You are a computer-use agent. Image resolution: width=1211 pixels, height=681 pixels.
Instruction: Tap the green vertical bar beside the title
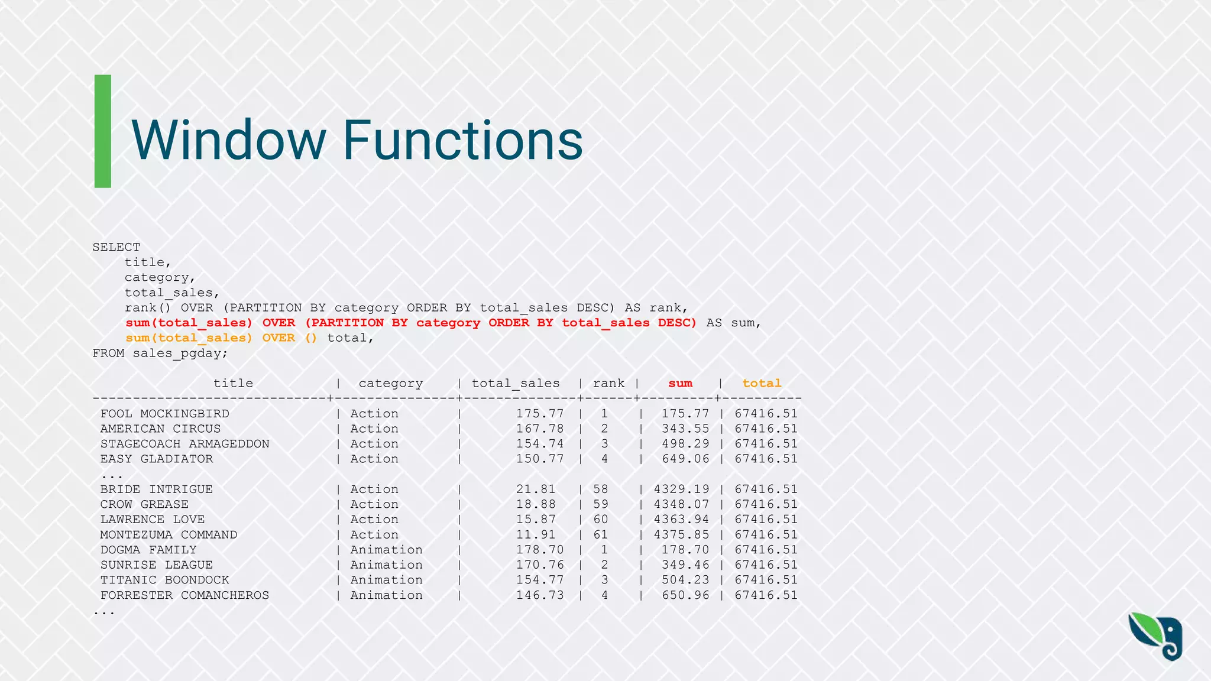click(103, 131)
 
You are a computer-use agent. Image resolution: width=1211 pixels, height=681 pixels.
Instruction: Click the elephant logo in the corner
click(1156, 637)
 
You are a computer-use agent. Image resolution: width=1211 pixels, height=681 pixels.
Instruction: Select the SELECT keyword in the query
click(116, 247)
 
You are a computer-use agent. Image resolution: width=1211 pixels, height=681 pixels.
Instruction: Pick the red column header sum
click(680, 383)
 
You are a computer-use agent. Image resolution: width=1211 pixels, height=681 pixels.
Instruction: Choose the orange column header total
click(762, 383)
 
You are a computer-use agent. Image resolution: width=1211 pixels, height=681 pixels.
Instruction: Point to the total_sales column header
click(516, 383)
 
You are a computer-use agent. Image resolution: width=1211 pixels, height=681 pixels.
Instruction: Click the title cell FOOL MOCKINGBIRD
click(165, 414)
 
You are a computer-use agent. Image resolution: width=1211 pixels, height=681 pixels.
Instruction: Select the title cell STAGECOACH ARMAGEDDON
click(184, 444)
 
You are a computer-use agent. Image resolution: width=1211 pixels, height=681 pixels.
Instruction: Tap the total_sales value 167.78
click(540, 429)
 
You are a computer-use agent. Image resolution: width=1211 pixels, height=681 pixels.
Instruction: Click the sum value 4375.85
click(681, 534)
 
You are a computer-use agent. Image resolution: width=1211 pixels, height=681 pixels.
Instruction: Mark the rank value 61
click(601, 534)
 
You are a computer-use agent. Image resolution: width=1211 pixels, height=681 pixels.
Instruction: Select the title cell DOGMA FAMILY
click(148, 550)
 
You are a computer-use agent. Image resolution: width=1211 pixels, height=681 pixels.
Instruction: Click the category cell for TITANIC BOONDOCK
click(386, 580)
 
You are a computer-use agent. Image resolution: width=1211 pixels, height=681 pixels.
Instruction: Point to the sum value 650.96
click(685, 595)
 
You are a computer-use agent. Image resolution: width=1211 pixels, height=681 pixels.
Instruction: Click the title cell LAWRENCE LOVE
click(153, 520)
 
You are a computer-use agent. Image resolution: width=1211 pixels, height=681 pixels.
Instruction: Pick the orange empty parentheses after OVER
click(311, 338)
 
